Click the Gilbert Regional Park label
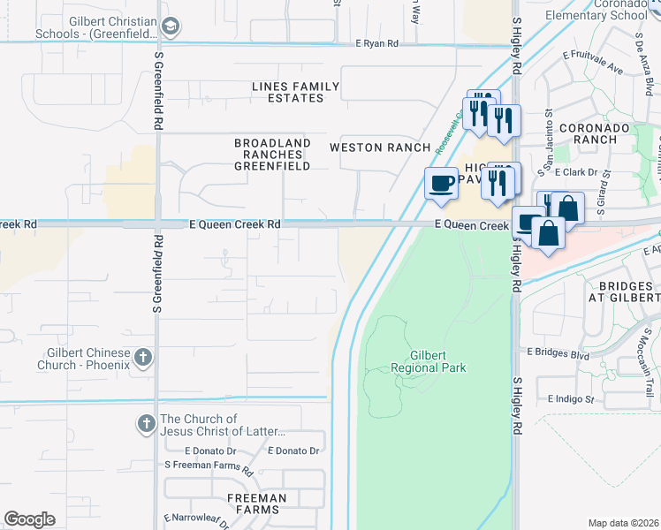coord(429,360)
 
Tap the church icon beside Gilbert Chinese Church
coord(144,358)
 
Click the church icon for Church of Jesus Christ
coord(147,425)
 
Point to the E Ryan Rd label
coord(376,43)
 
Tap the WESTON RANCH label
coord(379,148)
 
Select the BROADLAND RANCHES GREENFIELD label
coord(272,155)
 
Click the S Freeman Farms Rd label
coord(208,465)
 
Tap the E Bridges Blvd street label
coord(558,354)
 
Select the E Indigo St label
coord(571,399)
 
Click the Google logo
coord(30,519)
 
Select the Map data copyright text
coord(624,523)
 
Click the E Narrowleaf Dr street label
coord(197,521)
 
